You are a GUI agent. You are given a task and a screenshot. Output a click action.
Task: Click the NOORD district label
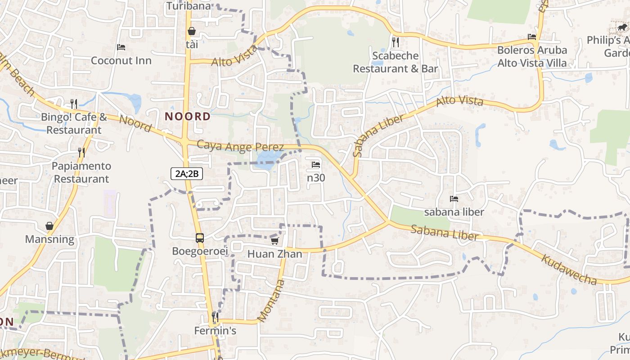pyautogui.click(x=187, y=117)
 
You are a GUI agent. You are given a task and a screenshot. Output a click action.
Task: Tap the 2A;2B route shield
pyautogui.click(x=187, y=173)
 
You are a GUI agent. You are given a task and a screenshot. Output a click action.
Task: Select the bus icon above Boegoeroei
pyautogui.click(x=200, y=238)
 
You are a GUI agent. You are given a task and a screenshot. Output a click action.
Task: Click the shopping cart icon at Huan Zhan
pyautogui.click(x=274, y=241)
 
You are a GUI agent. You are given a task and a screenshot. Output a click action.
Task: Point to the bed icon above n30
pyautogui.click(x=316, y=165)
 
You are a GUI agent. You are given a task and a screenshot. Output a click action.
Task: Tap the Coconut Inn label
pyautogui.click(x=121, y=61)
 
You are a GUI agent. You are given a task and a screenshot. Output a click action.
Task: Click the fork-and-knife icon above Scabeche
pyautogui.click(x=396, y=42)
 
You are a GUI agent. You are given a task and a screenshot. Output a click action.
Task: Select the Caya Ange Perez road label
pyautogui.click(x=240, y=147)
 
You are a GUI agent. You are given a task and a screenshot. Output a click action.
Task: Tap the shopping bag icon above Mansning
pyautogui.click(x=49, y=226)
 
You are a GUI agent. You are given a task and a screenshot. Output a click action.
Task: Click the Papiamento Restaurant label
pyautogui.click(x=81, y=172)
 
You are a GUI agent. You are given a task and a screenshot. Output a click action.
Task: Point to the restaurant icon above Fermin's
pyautogui.click(x=215, y=317)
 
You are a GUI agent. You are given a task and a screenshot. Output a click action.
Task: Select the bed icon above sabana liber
pyautogui.click(x=454, y=199)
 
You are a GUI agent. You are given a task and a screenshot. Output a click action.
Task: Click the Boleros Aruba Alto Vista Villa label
pyautogui.click(x=532, y=56)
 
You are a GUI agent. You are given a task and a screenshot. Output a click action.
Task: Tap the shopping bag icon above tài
pyautogui.click(x=192, y=31)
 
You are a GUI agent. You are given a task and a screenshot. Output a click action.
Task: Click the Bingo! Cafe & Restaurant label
pyautogui.click(x=74, y=124)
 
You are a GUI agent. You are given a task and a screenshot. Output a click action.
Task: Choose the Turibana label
pyautogui.click(x=189, y=6)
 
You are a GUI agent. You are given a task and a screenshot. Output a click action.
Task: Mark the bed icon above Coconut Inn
pyautogui.click(x=121, y=47)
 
